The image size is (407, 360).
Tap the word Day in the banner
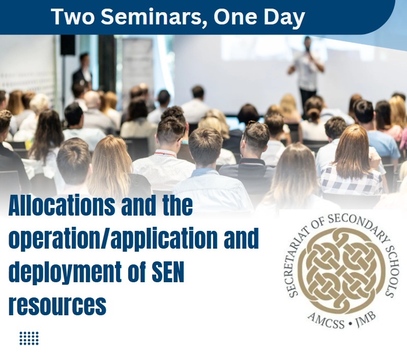[284, 17]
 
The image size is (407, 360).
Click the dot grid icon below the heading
[29, 338]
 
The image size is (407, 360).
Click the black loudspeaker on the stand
[68, 45]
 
